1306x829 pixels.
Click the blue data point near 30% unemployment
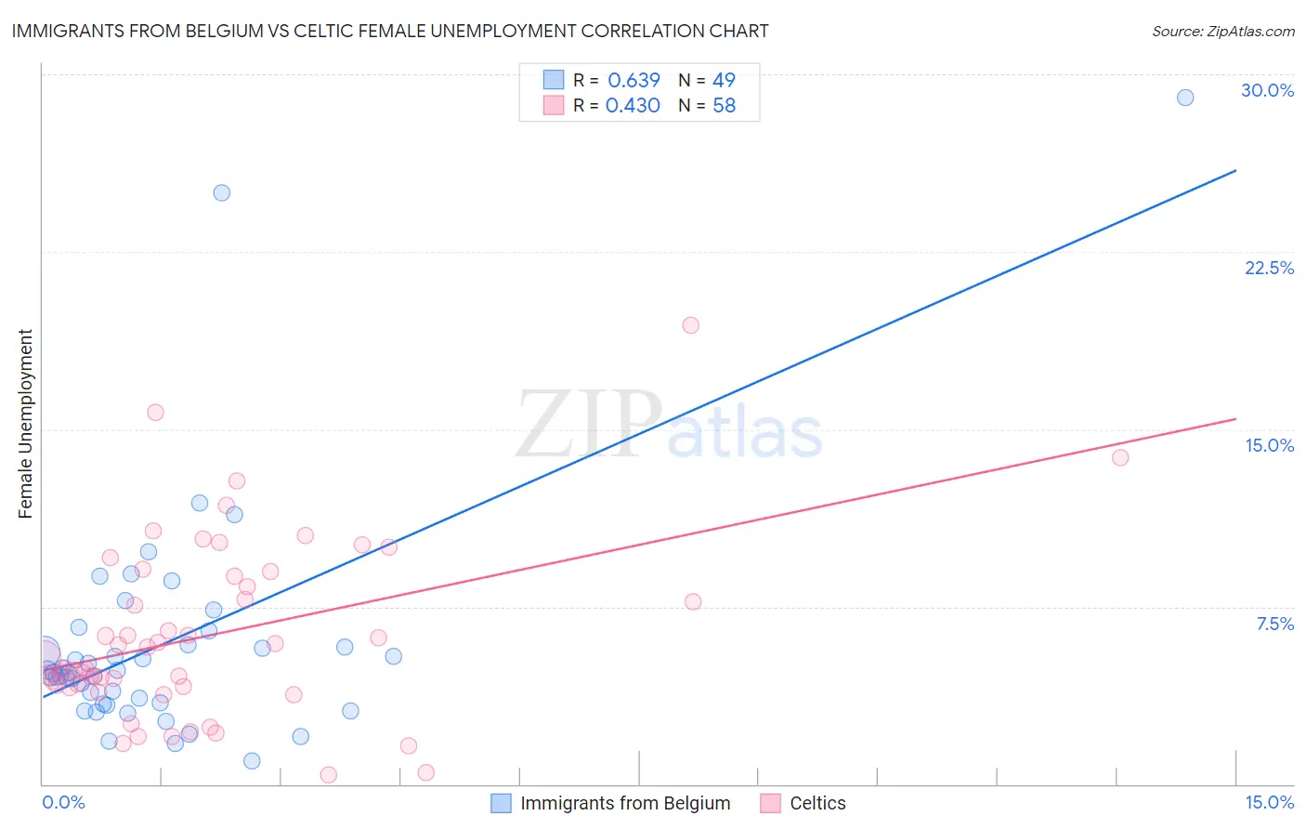(1185, 98)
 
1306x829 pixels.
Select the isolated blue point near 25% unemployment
(222, 193)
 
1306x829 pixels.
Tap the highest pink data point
(690, 325)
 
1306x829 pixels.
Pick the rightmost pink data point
(1120, 457)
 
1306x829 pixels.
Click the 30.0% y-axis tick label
(1267, 90)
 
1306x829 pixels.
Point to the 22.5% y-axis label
(1269, 268)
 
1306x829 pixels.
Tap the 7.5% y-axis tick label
(1274, 624)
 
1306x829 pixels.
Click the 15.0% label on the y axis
(1269, 445)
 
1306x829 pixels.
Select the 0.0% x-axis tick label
(64, 802)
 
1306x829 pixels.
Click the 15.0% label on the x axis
(1269, 802)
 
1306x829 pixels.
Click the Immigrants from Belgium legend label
(625, 803)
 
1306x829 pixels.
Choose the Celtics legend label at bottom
(817, 803)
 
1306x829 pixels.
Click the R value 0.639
(633, 81)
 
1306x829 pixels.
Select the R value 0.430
(633, 106)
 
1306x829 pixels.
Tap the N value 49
(724, 81)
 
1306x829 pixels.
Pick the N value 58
(724, 106)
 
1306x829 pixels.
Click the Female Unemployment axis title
(25, 423)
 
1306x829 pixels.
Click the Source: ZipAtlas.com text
(1222, 32)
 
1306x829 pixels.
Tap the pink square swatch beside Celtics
(770, 803)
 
